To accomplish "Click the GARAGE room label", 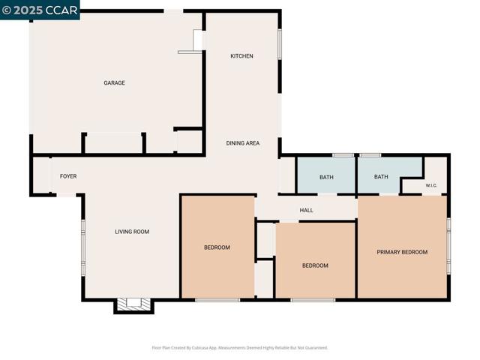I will point(114,82).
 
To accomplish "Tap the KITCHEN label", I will point(241,56).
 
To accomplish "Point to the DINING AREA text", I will point(243,142).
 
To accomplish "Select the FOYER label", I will point(68,176).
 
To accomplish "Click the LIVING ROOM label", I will point(132,232).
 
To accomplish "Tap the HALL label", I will point(306,210).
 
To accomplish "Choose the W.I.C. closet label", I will point(431,185).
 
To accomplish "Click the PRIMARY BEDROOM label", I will point(402,252).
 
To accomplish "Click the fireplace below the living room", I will point(133,304).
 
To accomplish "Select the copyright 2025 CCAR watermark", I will point(39,9).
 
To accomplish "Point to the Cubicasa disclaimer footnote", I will point(240,347).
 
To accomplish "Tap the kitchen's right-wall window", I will point(280,43).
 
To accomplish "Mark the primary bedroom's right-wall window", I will point(448,247).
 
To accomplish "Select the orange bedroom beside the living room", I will point(217,247).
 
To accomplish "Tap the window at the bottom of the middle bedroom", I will point(313,300).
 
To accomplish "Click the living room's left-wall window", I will point(83,247).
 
